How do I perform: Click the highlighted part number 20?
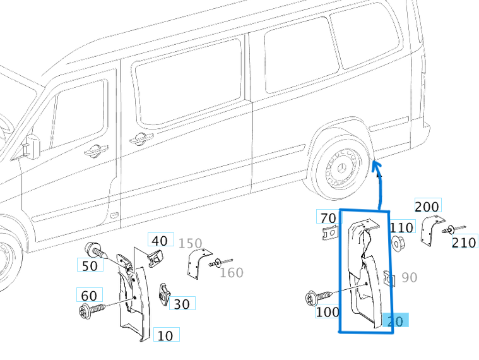(x=395, y=321)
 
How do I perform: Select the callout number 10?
(x=165, y=335)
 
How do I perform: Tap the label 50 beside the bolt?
(x=90, y=266)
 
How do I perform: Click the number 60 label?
(x=89, y=295)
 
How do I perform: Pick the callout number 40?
(x=160, y=240)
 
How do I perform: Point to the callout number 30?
(x=181, y=304)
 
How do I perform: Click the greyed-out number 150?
(x=190, y=244)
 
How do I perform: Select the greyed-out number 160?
(x=231, y=272)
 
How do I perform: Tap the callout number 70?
(x=328, y=218)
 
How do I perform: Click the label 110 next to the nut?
(x=401, y=227)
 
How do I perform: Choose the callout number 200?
(x=427, y=206)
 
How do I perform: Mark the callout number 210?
(x=464, y=243)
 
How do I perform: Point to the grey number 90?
(x=409, y=277)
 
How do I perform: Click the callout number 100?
(x=328, y=311)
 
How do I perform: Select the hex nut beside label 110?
(x=398, y=243)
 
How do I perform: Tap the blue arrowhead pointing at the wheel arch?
(x=377, y=165)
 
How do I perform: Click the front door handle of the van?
(x=95, y=150)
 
